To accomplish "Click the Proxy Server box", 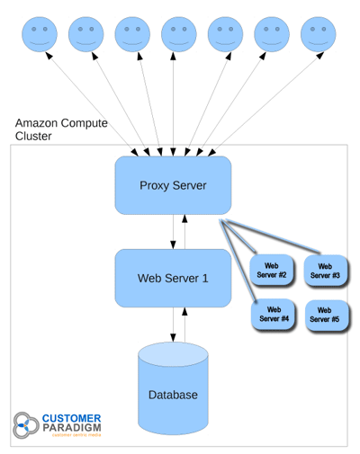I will (x=173, y=185).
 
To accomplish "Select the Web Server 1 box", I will (x=173, y=278).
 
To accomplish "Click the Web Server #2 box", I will (x=272, y=269).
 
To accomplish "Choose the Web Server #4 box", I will (x=273, y=313).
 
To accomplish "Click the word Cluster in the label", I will (x=34, y=137).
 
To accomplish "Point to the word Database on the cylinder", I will (x=173, y=395).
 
